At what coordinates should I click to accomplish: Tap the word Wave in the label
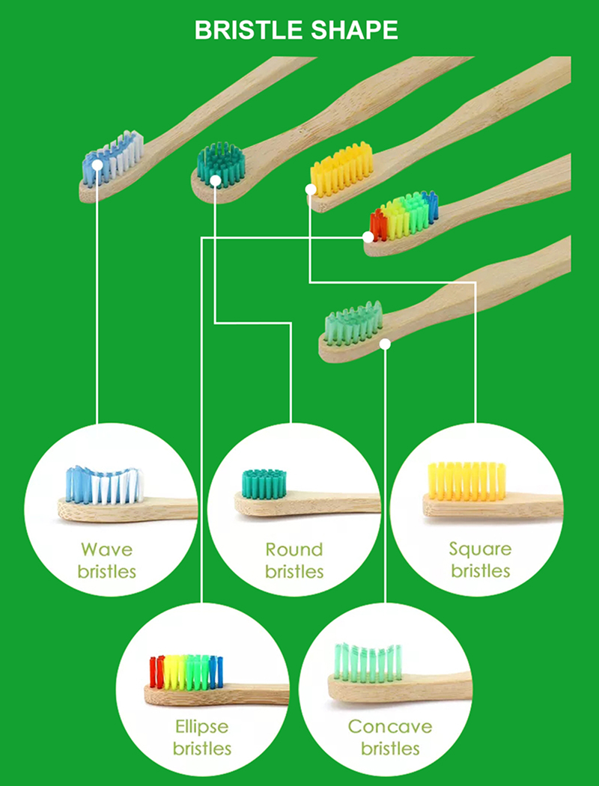(x=106, y=549)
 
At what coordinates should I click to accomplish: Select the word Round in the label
(x=294, y=549)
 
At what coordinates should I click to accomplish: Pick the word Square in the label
(x=480, y=549)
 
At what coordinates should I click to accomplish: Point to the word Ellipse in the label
(x=201, y=726)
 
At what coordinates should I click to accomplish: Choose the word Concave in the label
(x=389, y=726)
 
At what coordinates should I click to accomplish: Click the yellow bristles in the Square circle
(x=466, y=481)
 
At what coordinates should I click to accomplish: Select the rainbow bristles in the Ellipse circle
(x=186, y=671)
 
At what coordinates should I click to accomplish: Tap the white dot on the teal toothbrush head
(x=216, y=180)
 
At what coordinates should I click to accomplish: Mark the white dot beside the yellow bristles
(x=311, y=190)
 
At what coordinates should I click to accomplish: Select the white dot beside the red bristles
(x=368, y=237)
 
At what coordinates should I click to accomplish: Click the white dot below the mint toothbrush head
(x=385, y=344)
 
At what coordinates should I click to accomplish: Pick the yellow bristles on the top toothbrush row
(x=343, y=168)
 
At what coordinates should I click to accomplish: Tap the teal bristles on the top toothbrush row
(x=221, y=160)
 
